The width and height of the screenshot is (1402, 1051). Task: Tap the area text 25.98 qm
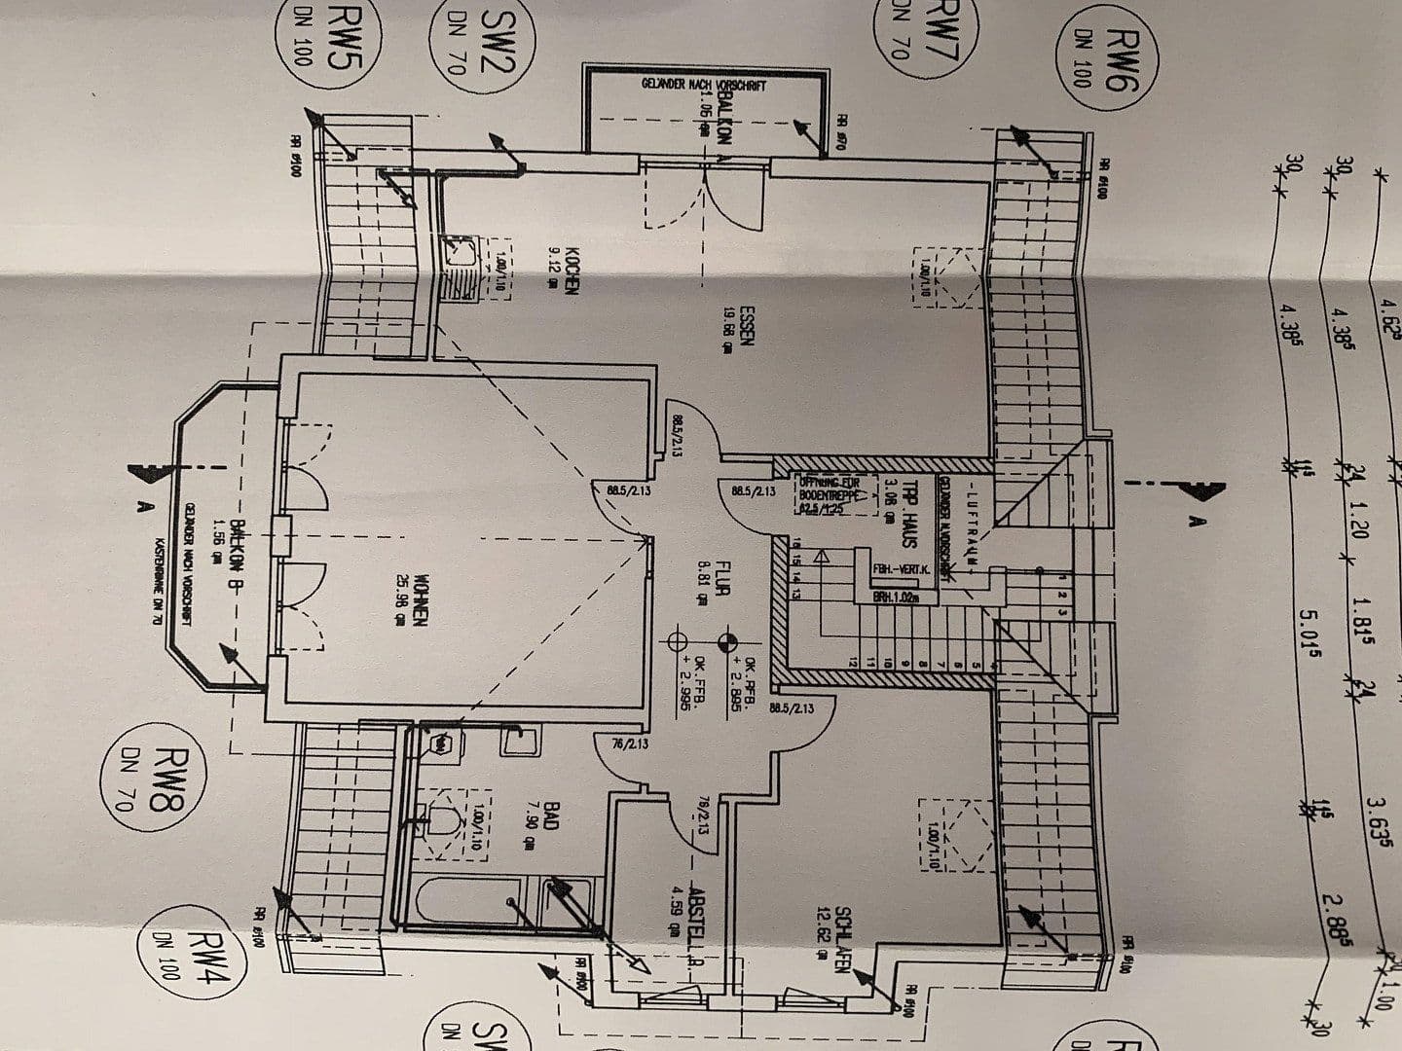398,599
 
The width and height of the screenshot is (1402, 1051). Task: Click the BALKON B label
237,560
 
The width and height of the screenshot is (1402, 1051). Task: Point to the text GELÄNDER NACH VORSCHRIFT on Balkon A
704,86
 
